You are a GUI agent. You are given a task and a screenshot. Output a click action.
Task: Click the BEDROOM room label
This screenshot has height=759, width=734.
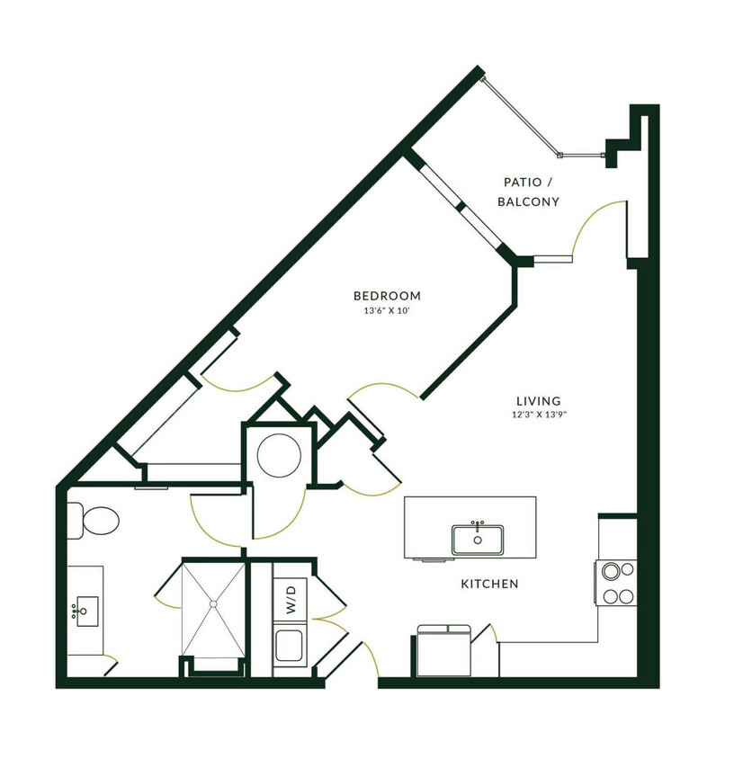pos(387,296)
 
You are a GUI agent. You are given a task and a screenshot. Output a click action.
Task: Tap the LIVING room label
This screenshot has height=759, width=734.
pos(538,401)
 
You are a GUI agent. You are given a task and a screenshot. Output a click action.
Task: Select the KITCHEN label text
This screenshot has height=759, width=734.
pos(489,585)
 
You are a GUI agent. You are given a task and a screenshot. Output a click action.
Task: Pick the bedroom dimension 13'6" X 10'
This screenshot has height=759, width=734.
pos(387,311)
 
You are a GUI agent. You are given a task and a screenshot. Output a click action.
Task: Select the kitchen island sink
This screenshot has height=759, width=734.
pos(478,539)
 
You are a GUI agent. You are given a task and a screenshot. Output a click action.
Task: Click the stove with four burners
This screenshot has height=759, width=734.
pos(615,583)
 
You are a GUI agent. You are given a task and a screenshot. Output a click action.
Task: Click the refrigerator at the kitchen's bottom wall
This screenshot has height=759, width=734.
pos(444,652)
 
